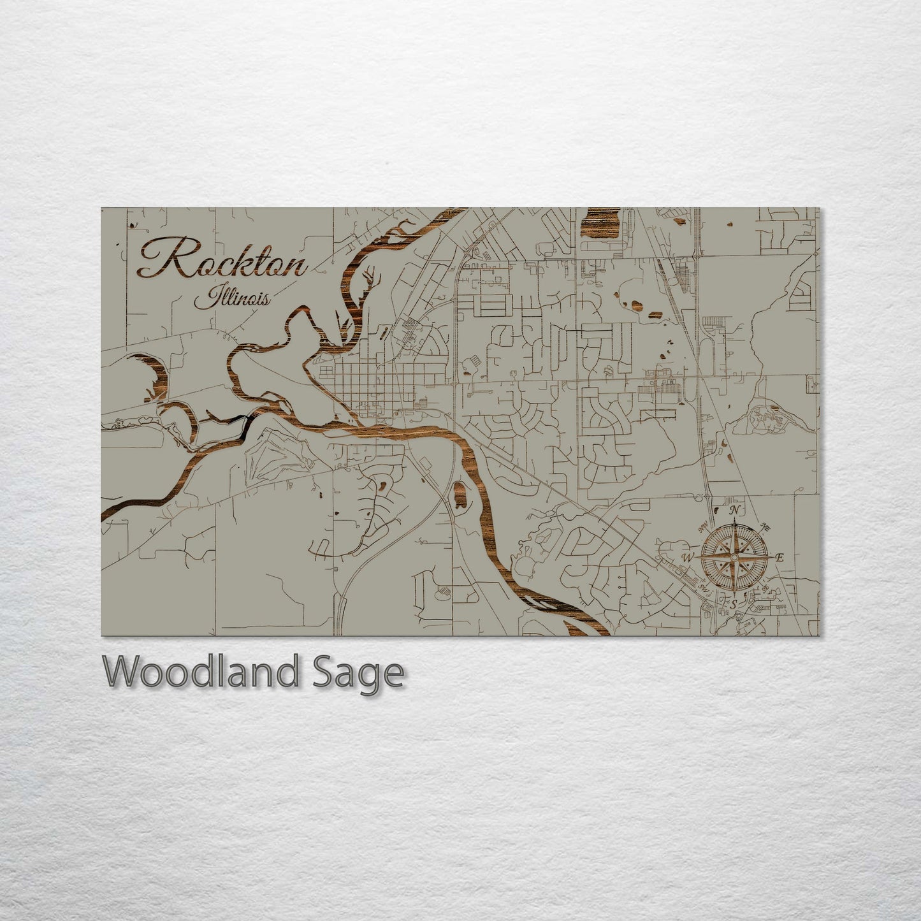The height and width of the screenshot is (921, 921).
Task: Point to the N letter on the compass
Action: [735, 511]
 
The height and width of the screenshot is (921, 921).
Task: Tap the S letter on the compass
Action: [734, 603]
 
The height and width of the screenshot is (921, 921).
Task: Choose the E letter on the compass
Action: [779, 558]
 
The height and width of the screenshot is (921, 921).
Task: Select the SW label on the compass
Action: [703, 587]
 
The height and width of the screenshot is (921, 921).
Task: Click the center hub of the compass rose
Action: [734, 556]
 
